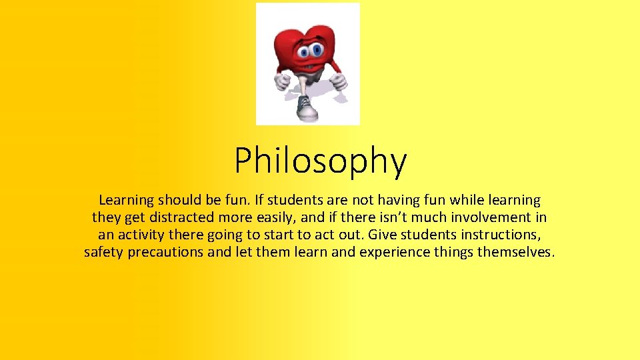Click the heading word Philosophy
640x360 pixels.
click(x=320, y=161)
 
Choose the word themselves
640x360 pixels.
click(x=515, y=253)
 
